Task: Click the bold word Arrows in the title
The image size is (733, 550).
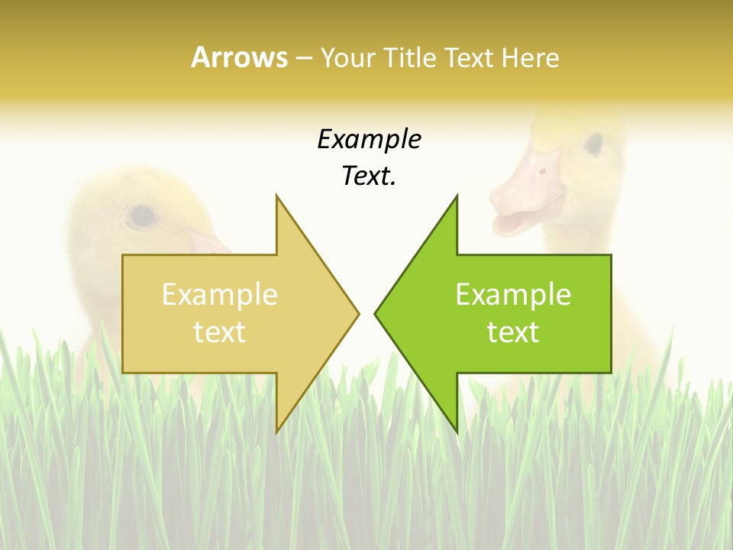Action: pyautogui.click(x=239, y=58)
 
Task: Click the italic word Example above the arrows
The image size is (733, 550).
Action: pyautogui.click(x=369, y=140)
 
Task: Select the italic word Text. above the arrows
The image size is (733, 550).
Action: pyautogui.click(x=369, y=176)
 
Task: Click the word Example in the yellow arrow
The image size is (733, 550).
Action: pyautogui.click(x=220, y=295)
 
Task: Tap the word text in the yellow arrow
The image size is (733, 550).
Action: pyautogui.click(x=220, y=332)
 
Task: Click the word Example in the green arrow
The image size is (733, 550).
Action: pyautogui.click(x=513, y=295)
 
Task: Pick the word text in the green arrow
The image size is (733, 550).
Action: pyautogui.click(x=513, y=332)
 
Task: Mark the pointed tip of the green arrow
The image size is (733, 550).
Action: pyautogui.click(x=376, y=313)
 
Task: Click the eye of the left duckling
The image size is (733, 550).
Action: pyautogui.click(x=142, y=216)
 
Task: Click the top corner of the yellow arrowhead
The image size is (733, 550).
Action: pyautogui.click(x=276, y=196)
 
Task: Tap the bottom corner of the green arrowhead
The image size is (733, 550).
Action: pyautogui.click(x=457, y=431)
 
